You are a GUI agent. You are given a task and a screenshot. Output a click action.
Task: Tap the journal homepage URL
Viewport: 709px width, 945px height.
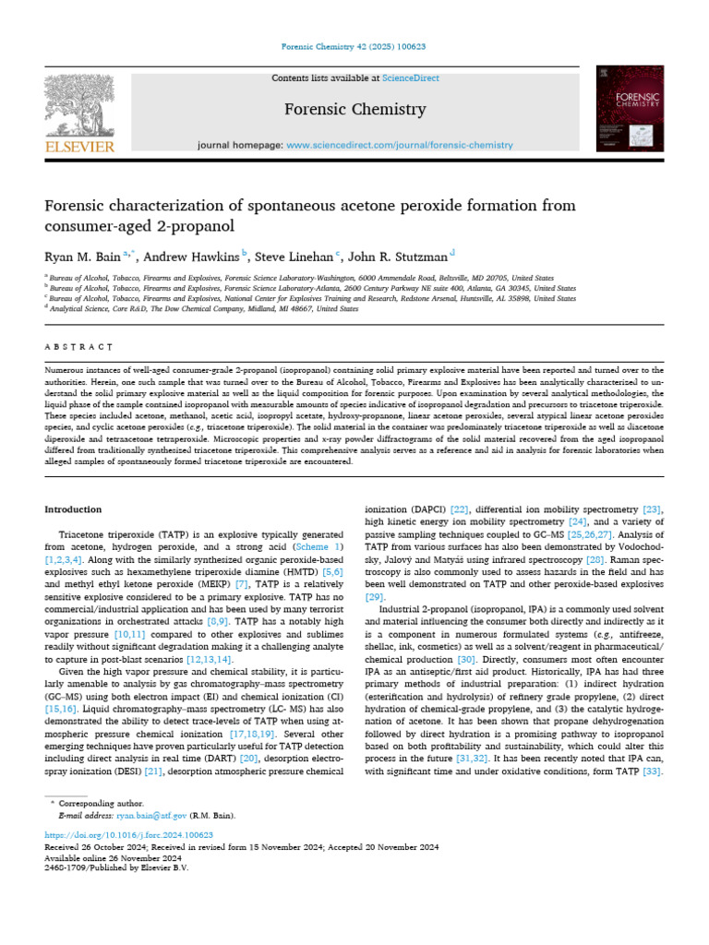399,146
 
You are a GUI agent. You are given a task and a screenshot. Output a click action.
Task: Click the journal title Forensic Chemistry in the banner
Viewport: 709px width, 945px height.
354,110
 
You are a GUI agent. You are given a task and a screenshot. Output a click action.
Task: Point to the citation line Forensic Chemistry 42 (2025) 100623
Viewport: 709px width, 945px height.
354,48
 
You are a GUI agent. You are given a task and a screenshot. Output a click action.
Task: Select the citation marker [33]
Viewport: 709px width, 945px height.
652,772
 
